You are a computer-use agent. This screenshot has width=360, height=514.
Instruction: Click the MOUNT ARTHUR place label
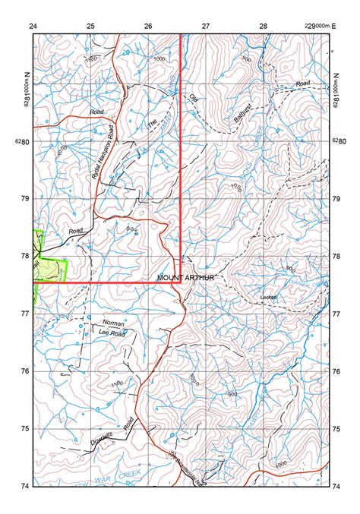tap(185, 278)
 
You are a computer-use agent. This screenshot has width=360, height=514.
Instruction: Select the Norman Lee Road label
tap(112, 327)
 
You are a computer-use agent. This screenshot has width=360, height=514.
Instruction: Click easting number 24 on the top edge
tap(33, 26)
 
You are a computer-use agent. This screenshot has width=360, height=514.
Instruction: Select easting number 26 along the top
tap(148, 26)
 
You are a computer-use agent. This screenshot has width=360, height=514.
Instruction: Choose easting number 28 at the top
tap(264, 26)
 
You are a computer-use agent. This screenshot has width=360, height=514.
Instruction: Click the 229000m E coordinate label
tap(319, 26)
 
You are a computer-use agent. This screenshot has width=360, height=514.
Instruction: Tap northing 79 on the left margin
tap(25, 198)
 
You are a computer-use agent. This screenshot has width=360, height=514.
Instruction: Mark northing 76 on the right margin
tap(335, 371)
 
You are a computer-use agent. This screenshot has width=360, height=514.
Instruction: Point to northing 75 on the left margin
tap(25, 428)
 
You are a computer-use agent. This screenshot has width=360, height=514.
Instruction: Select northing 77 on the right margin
tap(335, 313)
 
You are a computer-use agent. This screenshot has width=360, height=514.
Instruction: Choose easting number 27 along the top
tap(206, 26)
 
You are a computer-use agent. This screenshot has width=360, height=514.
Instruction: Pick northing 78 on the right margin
tap(335, 256)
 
